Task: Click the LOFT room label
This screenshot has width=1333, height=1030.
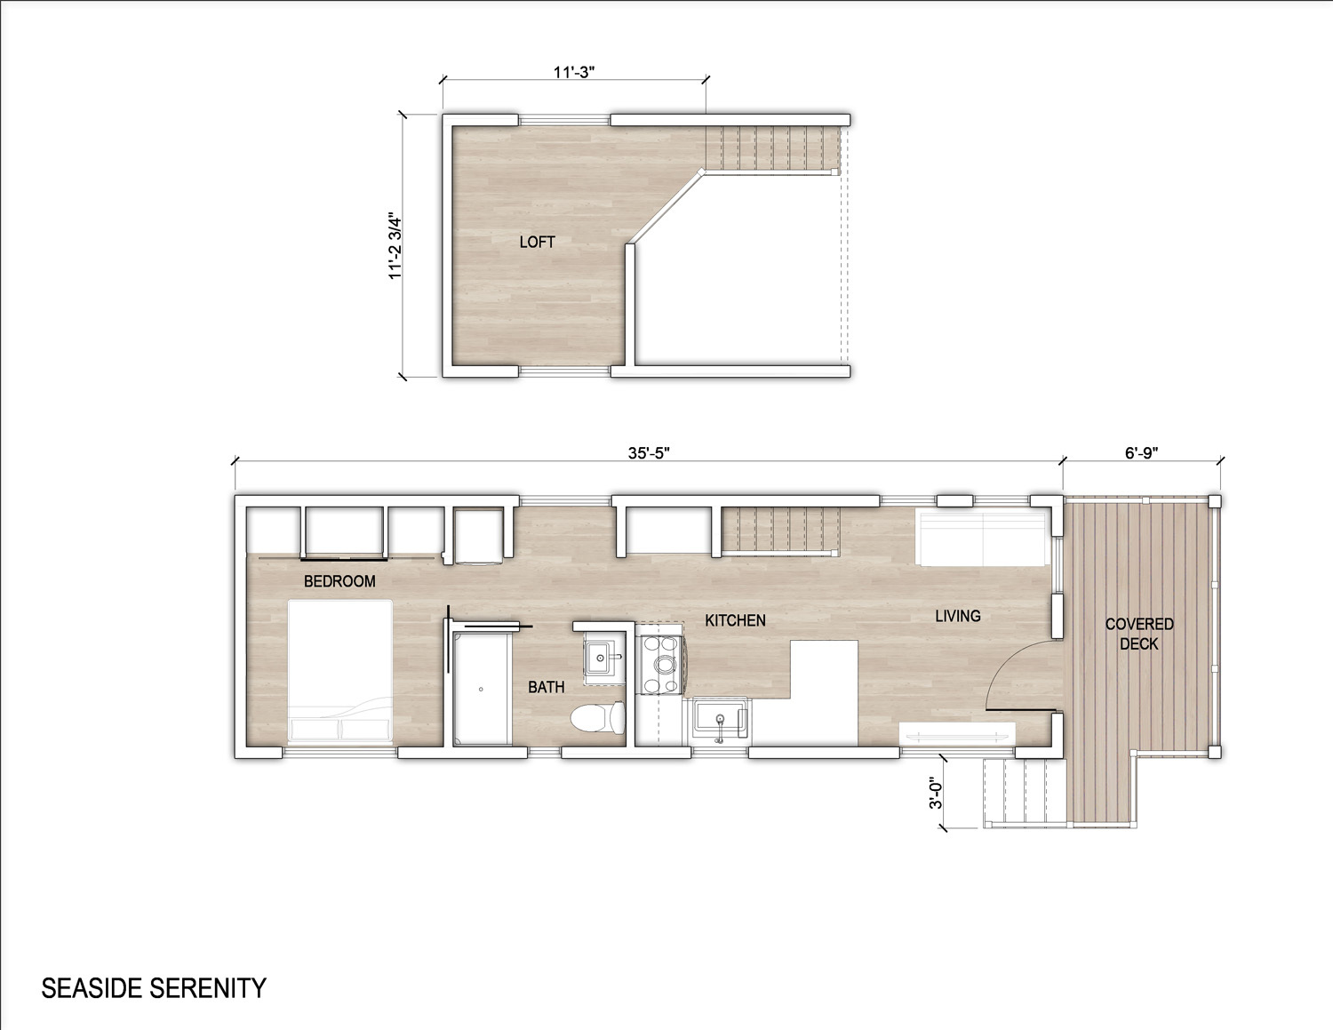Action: click(538, 243)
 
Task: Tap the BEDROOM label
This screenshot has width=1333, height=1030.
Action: click(339, 581)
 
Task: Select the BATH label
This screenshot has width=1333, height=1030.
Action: click(546, 687)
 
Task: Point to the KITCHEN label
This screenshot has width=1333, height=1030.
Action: click(735, 621)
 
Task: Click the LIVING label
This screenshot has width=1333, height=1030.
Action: click(958, 616)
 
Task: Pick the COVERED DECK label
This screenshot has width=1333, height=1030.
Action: click(1139, 634)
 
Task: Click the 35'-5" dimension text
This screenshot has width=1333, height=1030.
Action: click(649, 452)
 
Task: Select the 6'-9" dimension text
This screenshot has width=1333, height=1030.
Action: click(1141, 452)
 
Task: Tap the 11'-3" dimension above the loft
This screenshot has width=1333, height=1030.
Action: click(574, 72)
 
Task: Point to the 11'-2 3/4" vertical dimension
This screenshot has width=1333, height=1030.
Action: click(395, 247)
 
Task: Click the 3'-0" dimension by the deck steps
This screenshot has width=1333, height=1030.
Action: click(935, 794)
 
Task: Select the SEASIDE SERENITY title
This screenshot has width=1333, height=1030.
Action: click(154, 988)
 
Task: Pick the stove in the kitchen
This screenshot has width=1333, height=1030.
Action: click(661, 665)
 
